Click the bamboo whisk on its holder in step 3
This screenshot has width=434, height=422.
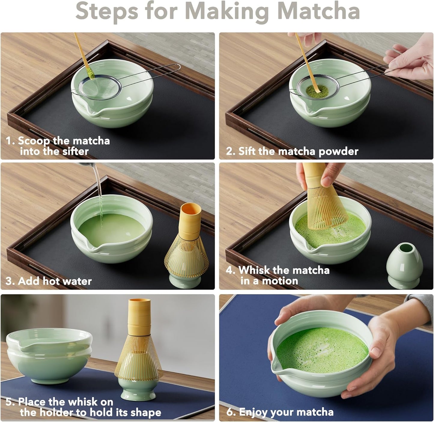click(x=187, y=246)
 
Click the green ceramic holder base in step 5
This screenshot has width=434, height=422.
click(x=139, y=390)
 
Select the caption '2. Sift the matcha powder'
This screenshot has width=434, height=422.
click(x=292, y=151)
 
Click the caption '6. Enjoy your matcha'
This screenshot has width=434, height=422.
click(x=280, y=412)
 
